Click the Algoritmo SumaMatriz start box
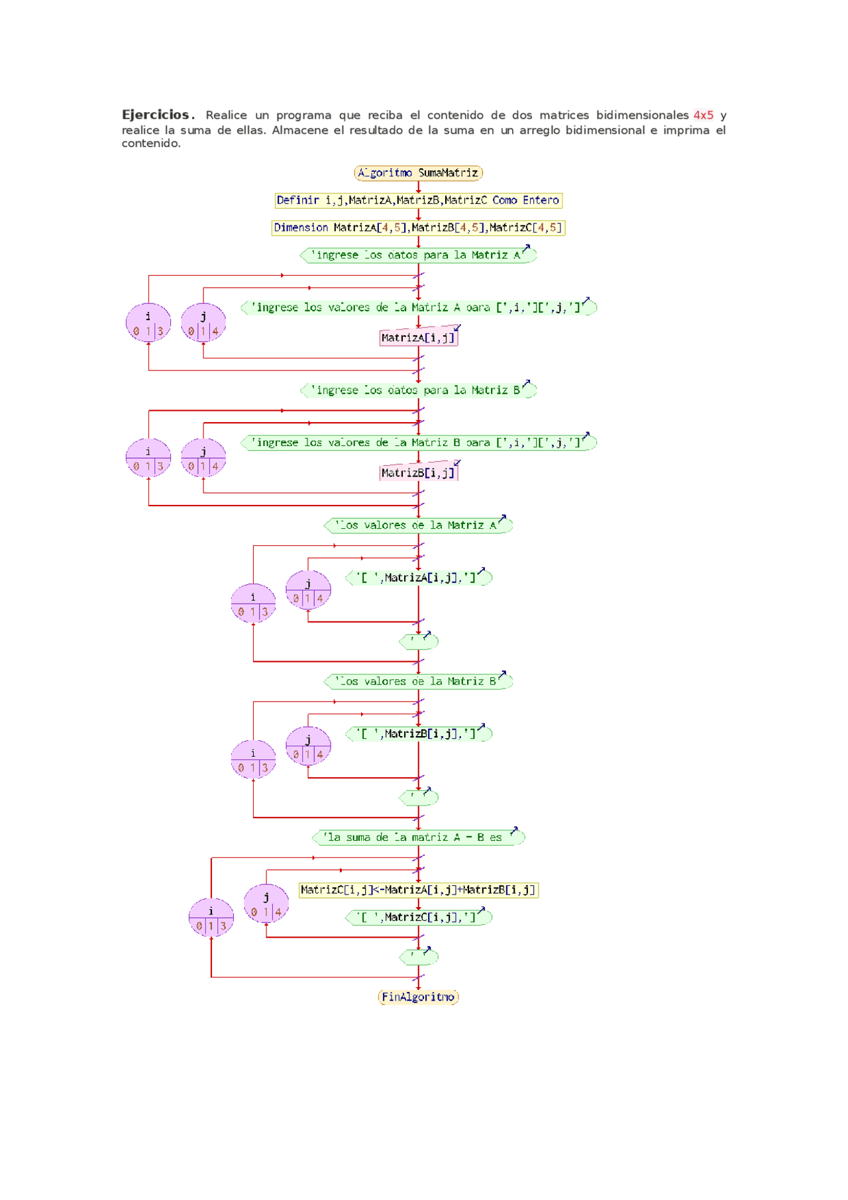pyautogui.click(x=418, y=173)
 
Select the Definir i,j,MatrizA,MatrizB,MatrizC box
pyautogui.click(x=418, y=200)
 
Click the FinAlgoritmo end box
pyautogui.click(x=418, y=997)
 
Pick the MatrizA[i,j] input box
pyautogui.click(x=418, y=337)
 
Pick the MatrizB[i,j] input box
pyautogui.click(x=418, y=472)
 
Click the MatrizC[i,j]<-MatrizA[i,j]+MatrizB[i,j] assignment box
pyautogui.click(x=418, y=890)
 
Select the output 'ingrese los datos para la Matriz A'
pyautogui.click(x=418, y=255)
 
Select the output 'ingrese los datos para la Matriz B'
pyautogui.click(x=418, y=390)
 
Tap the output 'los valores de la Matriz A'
pyautogui.click(x=418, y=525)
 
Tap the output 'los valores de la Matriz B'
pyautogui.click(x=418, y=681)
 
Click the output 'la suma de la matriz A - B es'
pyautogui.click(x=418, y=838)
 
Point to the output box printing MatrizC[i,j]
pyautogui.click(x=418, y=917)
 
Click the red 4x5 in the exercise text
pyautogui.click(x=703, y=115)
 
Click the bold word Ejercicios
pyautogui.click(x=156, y=115)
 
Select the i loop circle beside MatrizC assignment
pyautogui.click(x=211, y=918)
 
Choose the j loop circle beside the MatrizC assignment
pyautogui.click(x=266, y=904)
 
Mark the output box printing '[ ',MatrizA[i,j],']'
pyautogui.click(x=418, y=578)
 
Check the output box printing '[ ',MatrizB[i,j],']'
pyautogui.click(x=418, y=734)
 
